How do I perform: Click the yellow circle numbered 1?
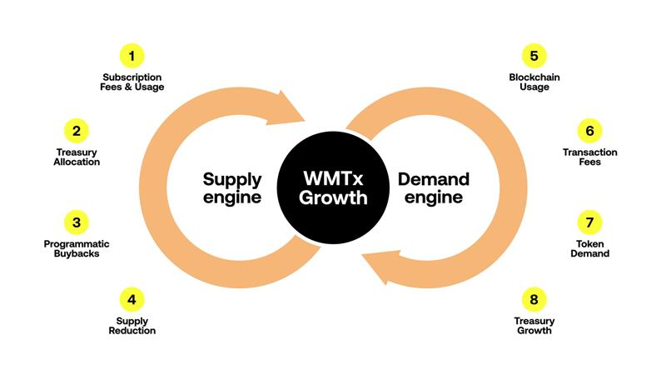132,56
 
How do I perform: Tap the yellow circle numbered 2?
77,131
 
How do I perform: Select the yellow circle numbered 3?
77,222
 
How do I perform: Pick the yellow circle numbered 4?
132,298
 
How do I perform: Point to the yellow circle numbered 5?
534,56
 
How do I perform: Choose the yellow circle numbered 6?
589,131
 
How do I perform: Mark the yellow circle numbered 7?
589,222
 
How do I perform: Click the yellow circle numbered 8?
534,298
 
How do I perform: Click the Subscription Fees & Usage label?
132,81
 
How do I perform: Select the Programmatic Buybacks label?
77,248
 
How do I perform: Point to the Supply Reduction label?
132,326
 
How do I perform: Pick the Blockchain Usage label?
534,81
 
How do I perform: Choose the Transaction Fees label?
589,157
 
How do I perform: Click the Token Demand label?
589,248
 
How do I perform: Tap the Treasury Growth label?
534,326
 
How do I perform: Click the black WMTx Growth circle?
333,188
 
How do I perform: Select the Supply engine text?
232,188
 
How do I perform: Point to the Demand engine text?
433,188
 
